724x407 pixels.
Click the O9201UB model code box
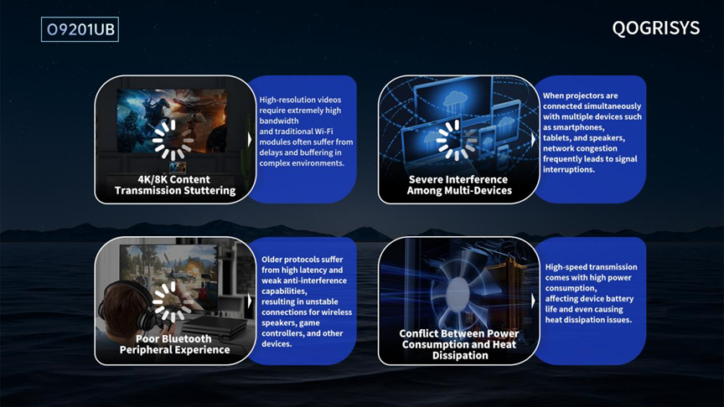tap(80, 29)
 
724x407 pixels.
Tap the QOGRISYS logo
tap(655, 28)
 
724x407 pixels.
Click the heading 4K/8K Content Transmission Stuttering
tap(175, 184)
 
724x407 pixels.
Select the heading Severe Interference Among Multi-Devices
tap(459, 184)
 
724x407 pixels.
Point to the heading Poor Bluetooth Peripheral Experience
tap(174, 344)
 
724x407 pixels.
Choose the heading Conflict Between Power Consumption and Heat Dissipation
tap(459, 344)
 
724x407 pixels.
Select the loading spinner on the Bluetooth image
tap(171, 301)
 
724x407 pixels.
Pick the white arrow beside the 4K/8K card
tap(250, 140)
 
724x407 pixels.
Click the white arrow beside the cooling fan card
tap(533, 301)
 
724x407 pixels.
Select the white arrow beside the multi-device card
tap(533, 139)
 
